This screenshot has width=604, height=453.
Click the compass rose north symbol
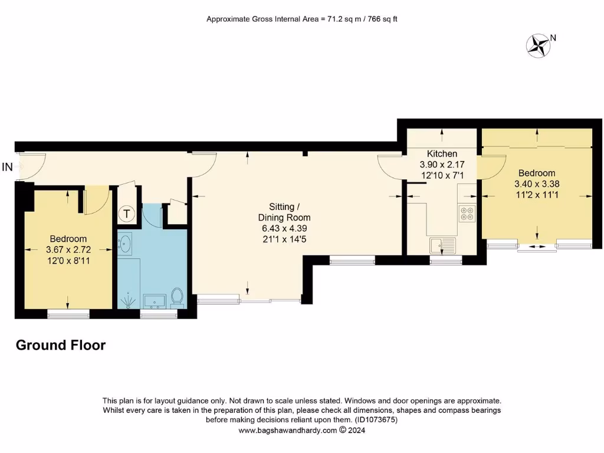pos(538,45)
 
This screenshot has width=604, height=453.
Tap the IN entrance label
pos(7,168)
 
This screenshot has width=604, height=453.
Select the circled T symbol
pos(127,214)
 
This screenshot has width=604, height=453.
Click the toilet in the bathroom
pos(176,296)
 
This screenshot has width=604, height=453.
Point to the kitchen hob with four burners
pos(467,213)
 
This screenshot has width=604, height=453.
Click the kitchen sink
pos(442,245)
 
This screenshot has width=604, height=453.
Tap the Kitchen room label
pos(442,154)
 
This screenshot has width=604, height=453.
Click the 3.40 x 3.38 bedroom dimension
pos(537,183)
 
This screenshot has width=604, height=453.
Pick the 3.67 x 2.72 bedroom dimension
pos(68,250)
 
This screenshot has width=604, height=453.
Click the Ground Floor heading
pos(60,345)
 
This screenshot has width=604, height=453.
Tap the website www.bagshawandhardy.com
pos(287,431)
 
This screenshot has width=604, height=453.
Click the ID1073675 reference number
pos(376,420)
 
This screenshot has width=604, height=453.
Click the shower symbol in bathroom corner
pos(127,301)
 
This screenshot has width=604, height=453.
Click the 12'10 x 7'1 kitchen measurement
pos(442,175)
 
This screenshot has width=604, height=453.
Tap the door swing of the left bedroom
pos(96,201)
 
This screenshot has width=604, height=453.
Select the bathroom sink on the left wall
pos(124,243)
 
